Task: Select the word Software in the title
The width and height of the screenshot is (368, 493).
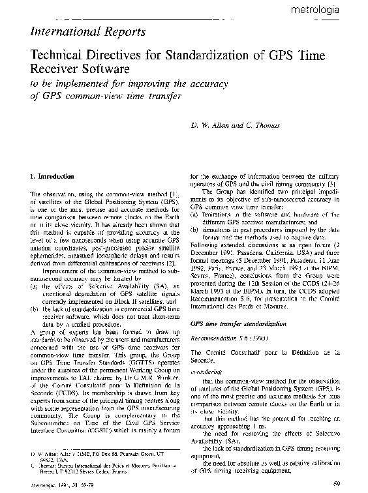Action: pyautogui.click(x=102, y=69)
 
